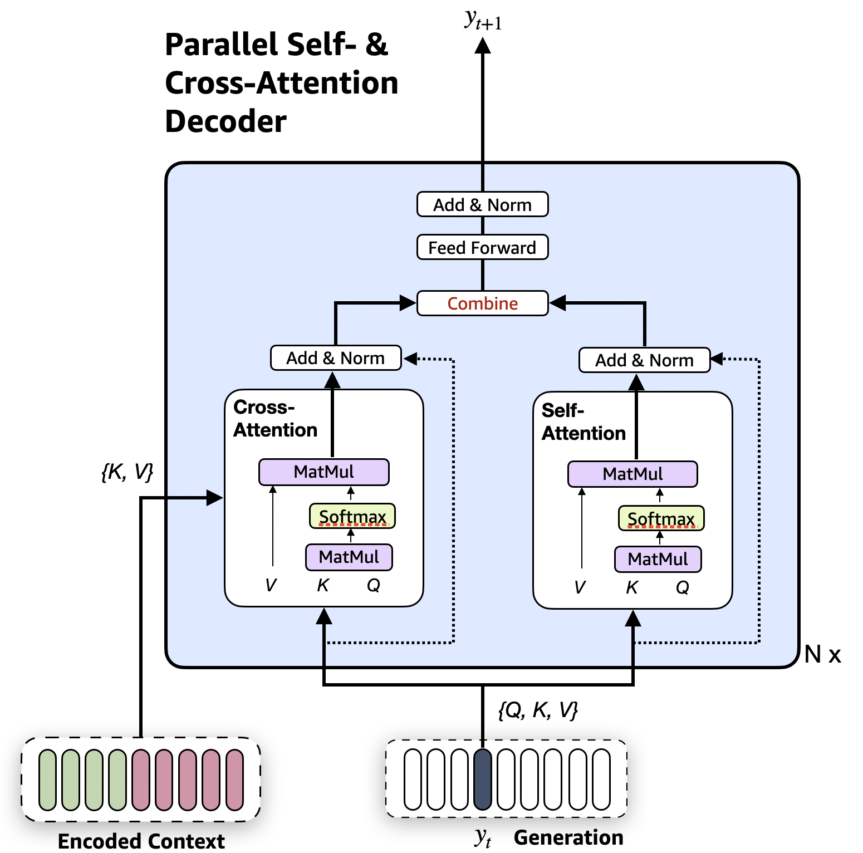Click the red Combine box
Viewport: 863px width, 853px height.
pyautogui.click(x=482, y=303)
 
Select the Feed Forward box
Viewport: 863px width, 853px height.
pyautogui.click(x=482, y=247)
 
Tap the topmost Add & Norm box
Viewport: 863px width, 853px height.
pyautogui.click(x=482, y=204)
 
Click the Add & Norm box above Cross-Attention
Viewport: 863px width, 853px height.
pyautogui.click(x=336, y=357)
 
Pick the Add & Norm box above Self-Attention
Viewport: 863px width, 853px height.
pyautogui.click(x=645, y=360)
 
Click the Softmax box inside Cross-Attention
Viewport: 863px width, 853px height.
pyautogui.click(x=352, y=516)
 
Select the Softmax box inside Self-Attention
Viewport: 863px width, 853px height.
pyautogui.click(x=661, y=518)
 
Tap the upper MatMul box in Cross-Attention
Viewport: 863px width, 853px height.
pyautogui.click(x=324, y=472)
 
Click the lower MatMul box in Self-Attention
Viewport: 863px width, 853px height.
pyautogui.click(x=658, y=559)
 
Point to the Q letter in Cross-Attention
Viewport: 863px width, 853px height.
pyautogui.click(x=374, y=585)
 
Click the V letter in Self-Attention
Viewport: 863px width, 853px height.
pyautogui.click(x=580, y=587)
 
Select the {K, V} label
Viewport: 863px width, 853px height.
pyautogui.click(x=127, y=472)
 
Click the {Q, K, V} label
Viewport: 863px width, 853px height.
pyautogui.click(x=538, y=710)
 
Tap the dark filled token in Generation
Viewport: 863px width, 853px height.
pyautogui.click(x=483, y=779)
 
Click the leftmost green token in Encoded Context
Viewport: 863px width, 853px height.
pyautogui.click(x=48, y=780)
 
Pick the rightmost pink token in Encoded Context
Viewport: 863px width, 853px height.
pyautogui.click(x=235, y=780)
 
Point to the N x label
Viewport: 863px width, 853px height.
pyautogui.click(x=822, y=654)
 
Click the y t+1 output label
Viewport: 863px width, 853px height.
pyautogui.click(x=483, y=20)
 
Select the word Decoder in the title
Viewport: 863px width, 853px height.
pyautogui.click(x=226, y=121)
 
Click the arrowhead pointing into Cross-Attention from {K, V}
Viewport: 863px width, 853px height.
pyautogui.click(x=215, y=498)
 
